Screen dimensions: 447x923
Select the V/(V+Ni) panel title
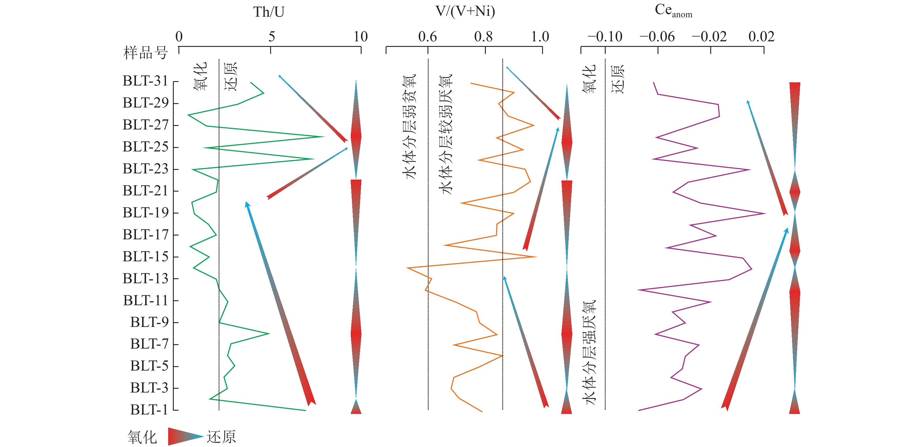click(x=465, y=11)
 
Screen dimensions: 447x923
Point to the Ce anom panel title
click(x=673, y=11)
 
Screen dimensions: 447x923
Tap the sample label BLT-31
click(x=145, y=81)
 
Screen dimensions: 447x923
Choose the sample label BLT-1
click(x=149, y=410)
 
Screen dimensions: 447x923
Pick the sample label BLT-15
click(x=145, y=256)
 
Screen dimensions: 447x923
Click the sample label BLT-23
click(x=145, y=169)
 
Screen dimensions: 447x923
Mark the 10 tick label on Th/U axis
click(x=360, y=37)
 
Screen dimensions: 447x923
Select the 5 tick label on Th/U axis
click(x=272, y=37)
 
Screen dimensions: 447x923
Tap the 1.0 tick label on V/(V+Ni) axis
click(x=540, y=37)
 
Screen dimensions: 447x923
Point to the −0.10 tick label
click(x=605, y=37)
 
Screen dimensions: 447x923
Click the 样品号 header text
click(x=145, y=53)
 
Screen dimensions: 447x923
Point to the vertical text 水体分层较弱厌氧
click(x=445, y=134)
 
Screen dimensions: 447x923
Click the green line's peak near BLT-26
click(x=323, y=137)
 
